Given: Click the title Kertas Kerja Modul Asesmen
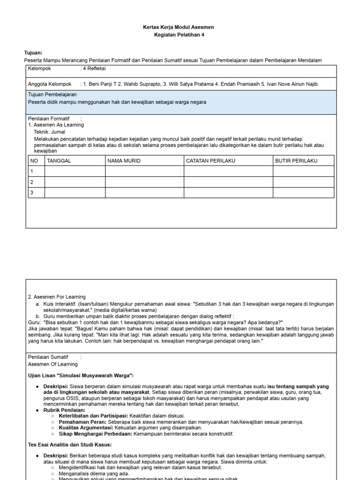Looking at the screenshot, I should click(x=179, y=28).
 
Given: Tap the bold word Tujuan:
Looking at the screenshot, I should click(x=33, y=53).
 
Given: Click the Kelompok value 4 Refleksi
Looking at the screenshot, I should click(x=94, y=68).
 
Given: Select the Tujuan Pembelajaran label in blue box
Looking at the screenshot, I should click(x=52, y=95).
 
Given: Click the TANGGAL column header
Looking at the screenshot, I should click(x=59, y=161).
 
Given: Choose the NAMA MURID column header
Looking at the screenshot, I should click(x=124, y=161).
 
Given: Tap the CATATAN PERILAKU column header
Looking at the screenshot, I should click(x=210, y=161).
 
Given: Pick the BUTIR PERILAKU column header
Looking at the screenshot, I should click(x=296, y=161).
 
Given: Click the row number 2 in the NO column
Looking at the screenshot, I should click(x=32, y=182).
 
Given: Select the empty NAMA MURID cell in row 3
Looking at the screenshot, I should click(x=144, y=193).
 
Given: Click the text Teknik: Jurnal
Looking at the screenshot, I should click(x=50, y=132).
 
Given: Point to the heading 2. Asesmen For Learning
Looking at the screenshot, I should click(x=57, y=297).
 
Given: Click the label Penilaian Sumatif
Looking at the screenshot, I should click(x=48, y=357).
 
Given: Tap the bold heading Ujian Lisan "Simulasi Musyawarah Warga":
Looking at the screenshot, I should click(x=81, y=375).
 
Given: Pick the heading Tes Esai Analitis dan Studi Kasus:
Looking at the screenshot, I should click(x=70, y=445).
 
